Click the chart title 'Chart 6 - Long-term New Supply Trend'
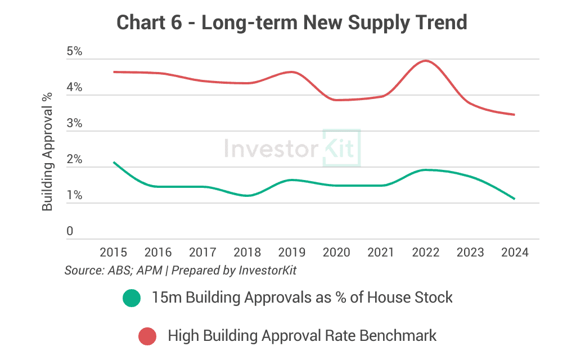point(292,22)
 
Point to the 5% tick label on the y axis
point(74,51)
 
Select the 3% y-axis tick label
point(74,123)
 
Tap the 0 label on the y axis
point(70,231)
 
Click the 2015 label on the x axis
point(114,252)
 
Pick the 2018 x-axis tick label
point(247,252)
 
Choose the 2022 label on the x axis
point(426,252)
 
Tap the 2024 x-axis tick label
point(515,252)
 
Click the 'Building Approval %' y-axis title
point(47,152)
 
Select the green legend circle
point(132,298)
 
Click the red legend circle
point(147,336)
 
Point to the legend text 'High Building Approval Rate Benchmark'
point(302,336)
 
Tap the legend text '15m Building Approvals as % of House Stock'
point(302,298)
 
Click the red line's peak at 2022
point(426,60)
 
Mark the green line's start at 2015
point(114,162)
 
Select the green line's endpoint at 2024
point(515,199)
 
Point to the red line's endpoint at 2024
point(515,115)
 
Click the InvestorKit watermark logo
point(292,148)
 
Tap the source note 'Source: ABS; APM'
point(114,270)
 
